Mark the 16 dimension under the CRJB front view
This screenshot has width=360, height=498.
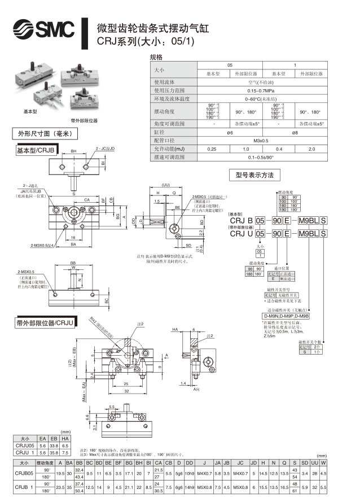point(74,238)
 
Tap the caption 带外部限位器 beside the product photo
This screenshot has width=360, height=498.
point(84,120)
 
